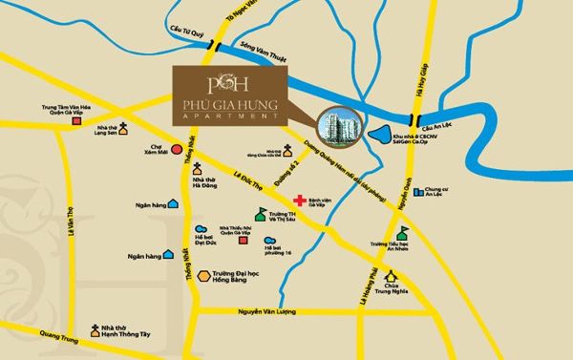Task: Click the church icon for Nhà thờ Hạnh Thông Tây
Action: pos(95,329)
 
